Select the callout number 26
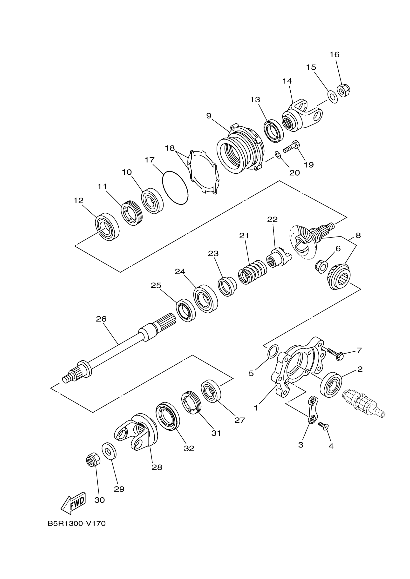pyautogui.click(x=101, y=319)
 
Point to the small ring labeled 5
pyautogui.click(x=273, y=351)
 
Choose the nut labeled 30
pyautogui.click(x=93, y=461)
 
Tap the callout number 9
pyautogui.click(x=209, y=116)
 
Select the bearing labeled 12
pyautogui.click(x=107, y=226)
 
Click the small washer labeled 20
pyautogui.click(x=277, y=155)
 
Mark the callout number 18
pyautogui.click(x=170, y=148)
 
